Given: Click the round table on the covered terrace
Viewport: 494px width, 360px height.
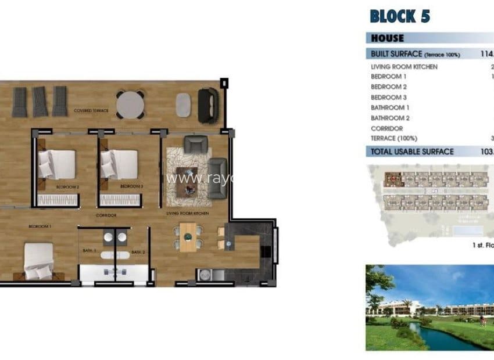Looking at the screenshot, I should [131, 105].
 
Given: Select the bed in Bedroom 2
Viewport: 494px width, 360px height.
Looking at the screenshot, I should [56, 164].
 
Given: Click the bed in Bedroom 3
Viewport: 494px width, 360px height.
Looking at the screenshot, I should [119, 164].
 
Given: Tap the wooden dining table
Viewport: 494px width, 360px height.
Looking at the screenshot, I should [187, 237].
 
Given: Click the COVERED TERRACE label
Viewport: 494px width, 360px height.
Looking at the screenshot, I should [91, 110].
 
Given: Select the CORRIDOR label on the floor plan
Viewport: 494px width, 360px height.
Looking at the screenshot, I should [106, 215].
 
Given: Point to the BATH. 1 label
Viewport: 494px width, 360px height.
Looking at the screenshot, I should [88, 252].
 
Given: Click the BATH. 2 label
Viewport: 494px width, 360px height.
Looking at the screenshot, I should [137, 252].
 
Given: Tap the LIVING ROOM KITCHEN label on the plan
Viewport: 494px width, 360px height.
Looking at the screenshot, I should [187, 214].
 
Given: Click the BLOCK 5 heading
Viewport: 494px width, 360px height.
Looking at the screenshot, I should [399, 16].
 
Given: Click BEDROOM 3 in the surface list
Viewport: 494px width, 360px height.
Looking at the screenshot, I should [389, 98].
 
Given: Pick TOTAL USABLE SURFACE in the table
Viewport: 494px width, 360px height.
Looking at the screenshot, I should [412, 152].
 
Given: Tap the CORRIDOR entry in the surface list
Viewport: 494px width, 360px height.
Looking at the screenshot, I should [386, 128].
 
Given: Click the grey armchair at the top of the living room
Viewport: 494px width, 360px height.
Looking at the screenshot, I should [194, 143].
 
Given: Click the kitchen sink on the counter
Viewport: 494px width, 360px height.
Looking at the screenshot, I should [204, 275].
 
